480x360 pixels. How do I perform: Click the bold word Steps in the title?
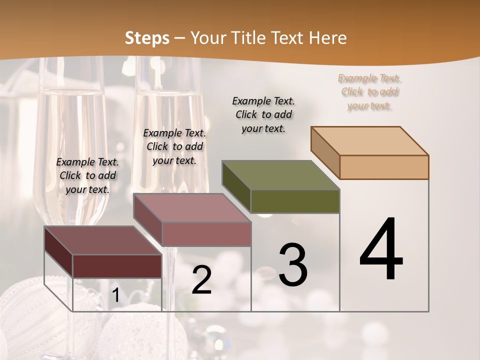147,38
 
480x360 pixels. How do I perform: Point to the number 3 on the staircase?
293,265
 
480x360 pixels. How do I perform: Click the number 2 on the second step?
201,280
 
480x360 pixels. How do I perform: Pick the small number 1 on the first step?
115,295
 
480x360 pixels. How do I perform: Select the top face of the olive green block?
281,175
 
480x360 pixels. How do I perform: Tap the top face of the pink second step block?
192,208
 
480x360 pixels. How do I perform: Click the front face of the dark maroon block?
117,266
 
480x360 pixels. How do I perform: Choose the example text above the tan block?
369,92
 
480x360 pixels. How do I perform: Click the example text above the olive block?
263,114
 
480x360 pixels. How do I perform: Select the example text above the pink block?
174,146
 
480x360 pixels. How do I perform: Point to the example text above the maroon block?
87,175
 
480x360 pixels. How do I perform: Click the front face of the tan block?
384,167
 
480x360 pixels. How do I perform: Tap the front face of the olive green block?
295,201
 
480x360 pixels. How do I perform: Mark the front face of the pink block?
206,234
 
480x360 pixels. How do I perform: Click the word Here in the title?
328,38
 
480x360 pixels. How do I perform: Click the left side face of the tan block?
325,152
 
